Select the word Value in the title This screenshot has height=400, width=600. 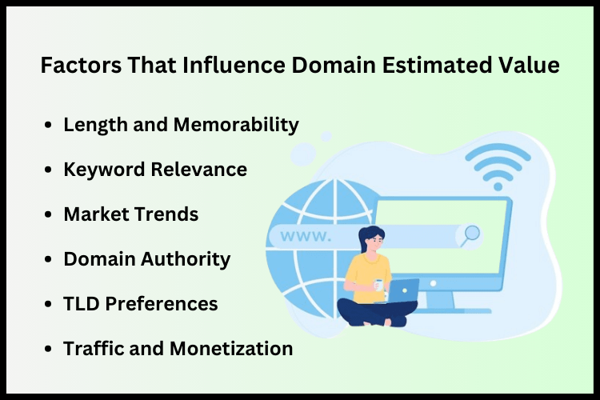point(532,66)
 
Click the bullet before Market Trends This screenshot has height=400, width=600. point(50,215)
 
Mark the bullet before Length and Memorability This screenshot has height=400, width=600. point(50,126)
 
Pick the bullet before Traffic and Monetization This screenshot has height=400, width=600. point(50,350)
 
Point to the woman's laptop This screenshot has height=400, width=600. point(402,290)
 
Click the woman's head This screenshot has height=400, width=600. point(373,238)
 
